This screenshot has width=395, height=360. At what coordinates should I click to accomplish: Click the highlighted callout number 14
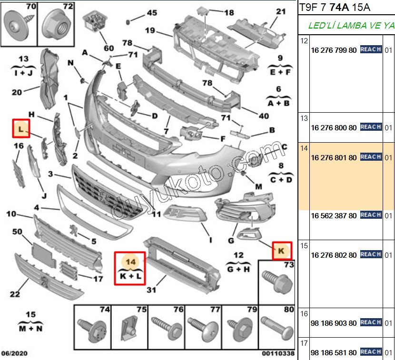(x=130, y=261)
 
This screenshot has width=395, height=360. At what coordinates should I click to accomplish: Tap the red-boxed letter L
(x=21, y=128)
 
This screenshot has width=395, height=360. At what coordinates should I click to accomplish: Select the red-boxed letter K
(x=282, y=250)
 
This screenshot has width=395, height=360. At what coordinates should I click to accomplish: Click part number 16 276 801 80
(x=334, y=157)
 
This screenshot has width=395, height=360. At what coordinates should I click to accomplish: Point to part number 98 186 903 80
(x=334, y=323)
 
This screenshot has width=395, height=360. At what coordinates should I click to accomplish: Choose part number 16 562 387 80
(x=334, y=215)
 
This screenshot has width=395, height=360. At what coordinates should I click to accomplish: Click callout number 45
(x=151, y=13)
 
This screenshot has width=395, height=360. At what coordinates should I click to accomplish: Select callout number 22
(x=15, y=294)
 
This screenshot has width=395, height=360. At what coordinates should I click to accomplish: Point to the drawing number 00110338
(x=277, y=354)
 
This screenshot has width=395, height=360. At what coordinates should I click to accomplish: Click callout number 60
(x=109, y=48)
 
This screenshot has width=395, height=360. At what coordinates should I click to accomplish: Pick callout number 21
(x=281, y=12)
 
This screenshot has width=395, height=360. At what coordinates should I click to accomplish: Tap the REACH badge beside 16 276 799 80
(x=371, y=49)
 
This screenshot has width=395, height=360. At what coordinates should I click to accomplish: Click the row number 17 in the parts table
(x=304, y=343)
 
